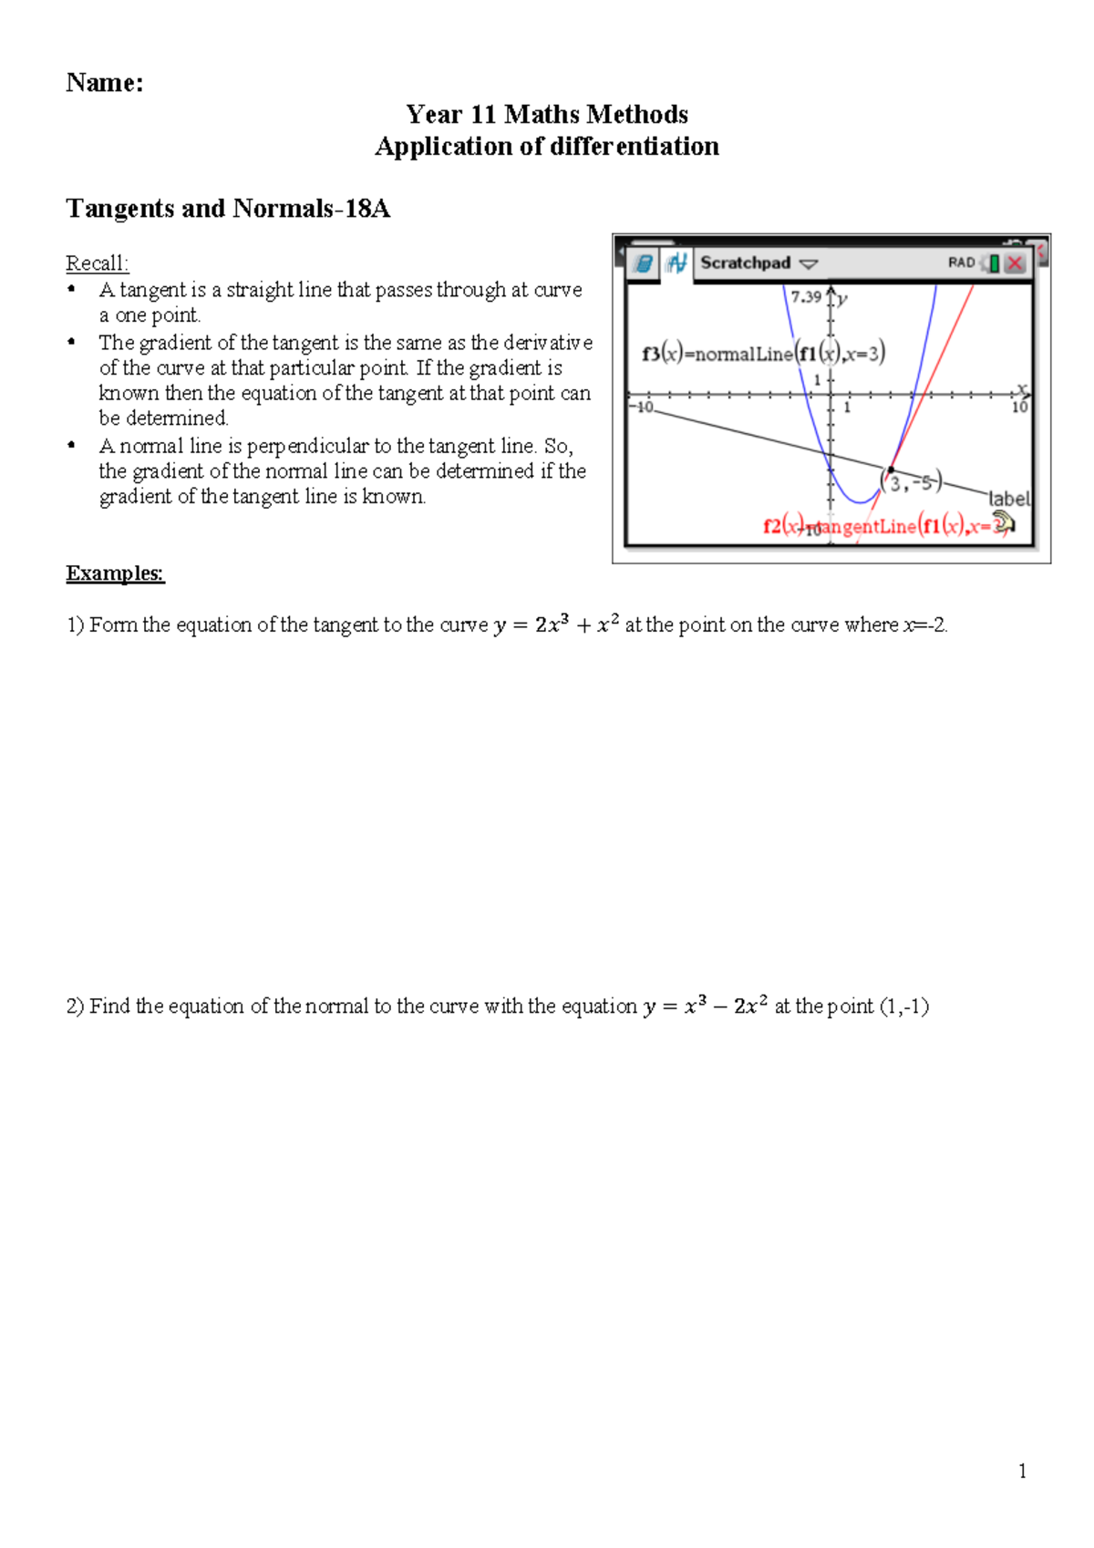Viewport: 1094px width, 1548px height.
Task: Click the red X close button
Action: point(1015,263)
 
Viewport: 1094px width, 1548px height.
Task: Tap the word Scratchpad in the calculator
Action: point(745,263)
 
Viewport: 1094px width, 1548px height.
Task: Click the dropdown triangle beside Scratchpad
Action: point(809,263)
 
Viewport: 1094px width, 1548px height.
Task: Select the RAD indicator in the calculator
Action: point(961,263)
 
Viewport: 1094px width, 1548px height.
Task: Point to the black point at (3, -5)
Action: point(891,470)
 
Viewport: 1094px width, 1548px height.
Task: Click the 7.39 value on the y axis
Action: point(806,296)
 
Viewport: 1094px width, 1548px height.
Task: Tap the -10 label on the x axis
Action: point(644,407)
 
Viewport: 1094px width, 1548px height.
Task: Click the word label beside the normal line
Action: point(1008,499)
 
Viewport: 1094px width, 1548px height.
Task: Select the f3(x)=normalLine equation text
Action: point(763,354)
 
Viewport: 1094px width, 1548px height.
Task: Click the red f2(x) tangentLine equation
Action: point(884,526)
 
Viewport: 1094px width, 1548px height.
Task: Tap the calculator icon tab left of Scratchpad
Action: point(643,263)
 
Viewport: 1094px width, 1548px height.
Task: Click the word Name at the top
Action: point(104,83)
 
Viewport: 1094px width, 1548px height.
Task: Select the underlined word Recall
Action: point(97,263)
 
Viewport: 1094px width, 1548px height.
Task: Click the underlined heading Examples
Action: point(115,573)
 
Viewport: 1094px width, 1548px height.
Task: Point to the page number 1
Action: point(1022,1471)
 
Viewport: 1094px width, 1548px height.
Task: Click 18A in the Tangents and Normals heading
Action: point(366,209)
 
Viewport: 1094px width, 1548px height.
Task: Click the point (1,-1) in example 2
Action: point(903,1006)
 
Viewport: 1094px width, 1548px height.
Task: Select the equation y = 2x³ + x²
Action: point(556,625)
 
